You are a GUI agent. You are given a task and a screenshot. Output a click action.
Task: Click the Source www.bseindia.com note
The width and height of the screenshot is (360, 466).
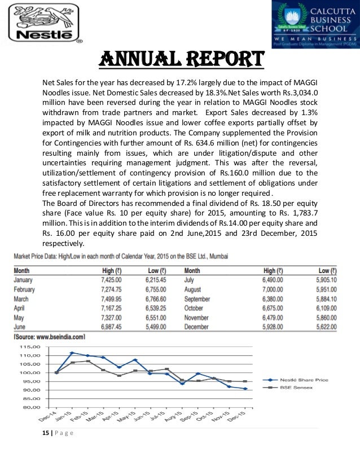click(x=49, y=337)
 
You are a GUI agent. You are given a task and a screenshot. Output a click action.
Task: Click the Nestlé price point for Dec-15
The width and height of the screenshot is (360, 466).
click(x=245, y=389)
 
